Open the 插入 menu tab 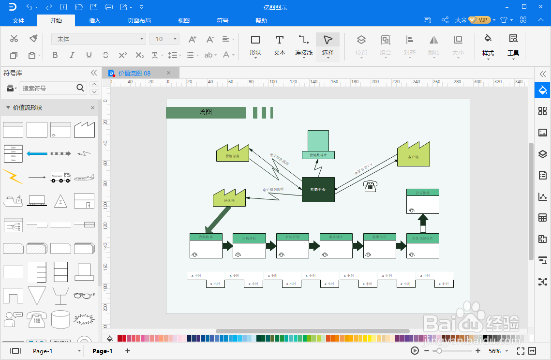point(95,21)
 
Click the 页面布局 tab point(139,21)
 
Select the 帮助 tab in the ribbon point(261,21)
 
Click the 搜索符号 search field point(47,88)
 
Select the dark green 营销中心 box point(318,190)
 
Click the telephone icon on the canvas point(371,186)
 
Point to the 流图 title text point(206,112)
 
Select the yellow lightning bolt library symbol point(13,177)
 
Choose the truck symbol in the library point(60,177)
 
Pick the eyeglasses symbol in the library point(84,295)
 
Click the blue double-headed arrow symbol point(37,153)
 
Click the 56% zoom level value point(494,351)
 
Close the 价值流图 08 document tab point(168,73)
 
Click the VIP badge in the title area point(479,20)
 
